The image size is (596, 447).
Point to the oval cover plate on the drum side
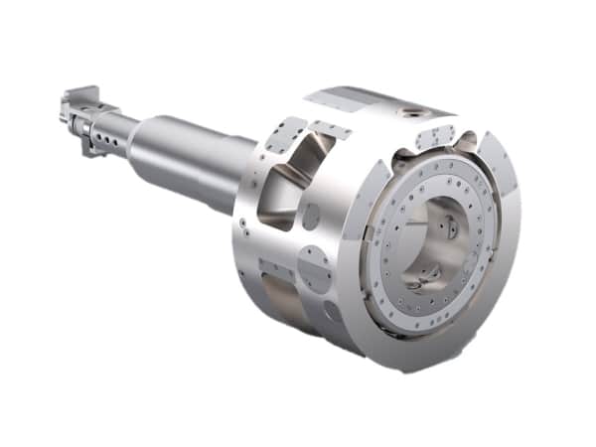click(314, 270)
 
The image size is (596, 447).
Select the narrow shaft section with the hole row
click(109, 129)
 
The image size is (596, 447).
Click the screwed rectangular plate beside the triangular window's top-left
click(287, 133)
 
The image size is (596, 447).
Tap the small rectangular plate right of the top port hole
click(436, 137)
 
